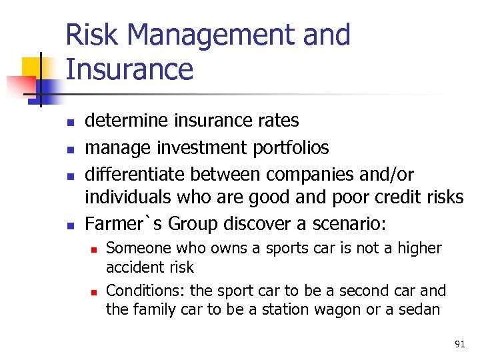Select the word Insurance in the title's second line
(x=129, y=69)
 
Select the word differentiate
(x=135, y=174)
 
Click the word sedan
(x=419, y=309)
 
